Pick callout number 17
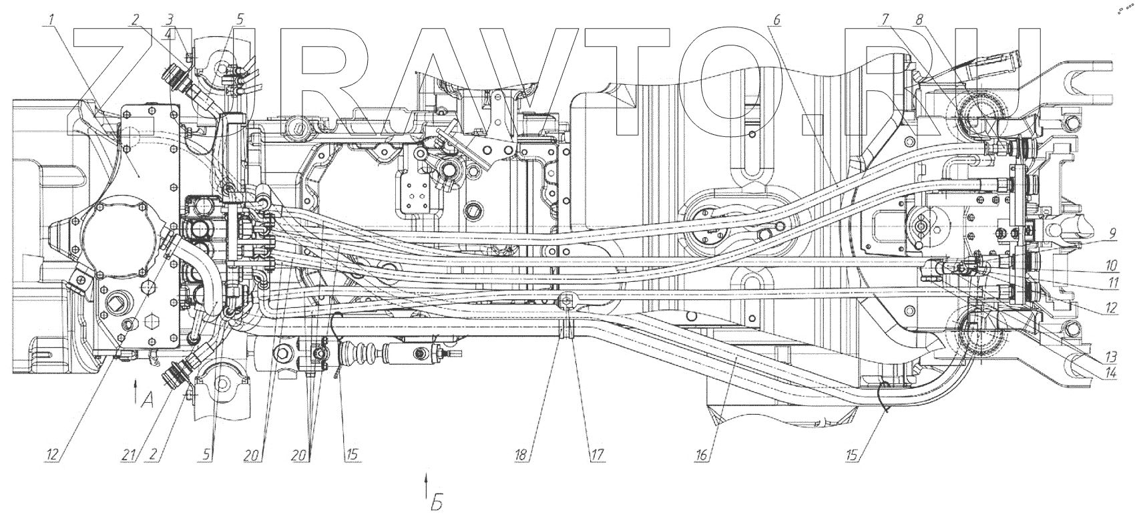tap(596, 456)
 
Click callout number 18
tap(521, 456)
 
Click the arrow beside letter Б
tap(426, 484)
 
